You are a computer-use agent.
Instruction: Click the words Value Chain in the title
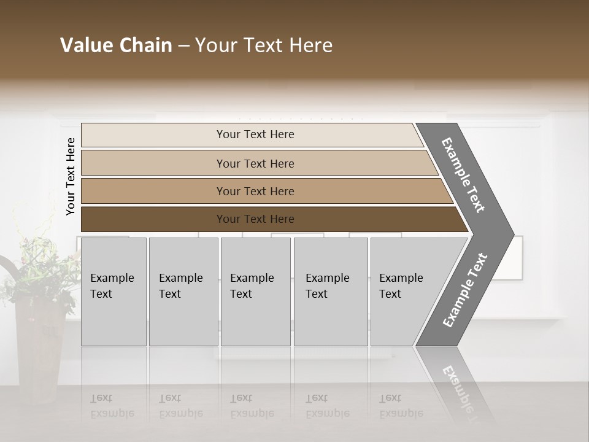pyautogui.click(x=116, y=45)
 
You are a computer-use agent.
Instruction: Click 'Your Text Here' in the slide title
pyautogui.click(x=264, y=45)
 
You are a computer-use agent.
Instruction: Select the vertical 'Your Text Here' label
pyautogui.click(x=71, y=176)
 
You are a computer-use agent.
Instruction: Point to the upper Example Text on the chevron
pyautogui.click(x=463, y=175)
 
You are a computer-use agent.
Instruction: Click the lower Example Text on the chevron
pyautogui.click(x=465, y=290)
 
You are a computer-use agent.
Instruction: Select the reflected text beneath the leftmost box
pyautogui.click(x=112, y=406)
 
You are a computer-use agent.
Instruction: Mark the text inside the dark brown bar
pyautogui.click(x=255, y=219)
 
